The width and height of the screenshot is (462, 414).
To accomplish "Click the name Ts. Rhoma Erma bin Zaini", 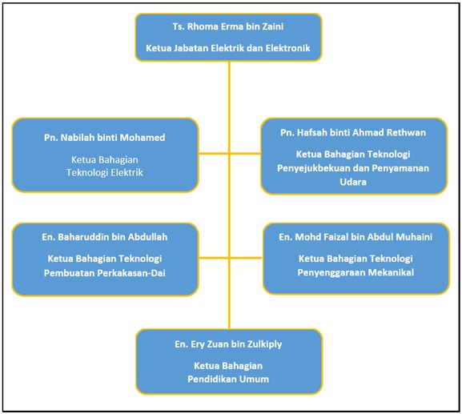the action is tap(228, 26).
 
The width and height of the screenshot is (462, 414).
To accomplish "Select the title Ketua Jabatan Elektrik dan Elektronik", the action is tap(228, 48).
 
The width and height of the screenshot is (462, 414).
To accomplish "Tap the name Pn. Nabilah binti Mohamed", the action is tap(105, 138).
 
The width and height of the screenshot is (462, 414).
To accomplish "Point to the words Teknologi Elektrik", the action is tap(105, 172).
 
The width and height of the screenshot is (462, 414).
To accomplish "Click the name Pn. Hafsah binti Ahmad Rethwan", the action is tap(353, 133).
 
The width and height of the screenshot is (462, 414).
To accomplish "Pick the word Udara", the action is tap(353, 182).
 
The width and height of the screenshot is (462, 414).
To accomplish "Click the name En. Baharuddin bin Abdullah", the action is tap(105, 237).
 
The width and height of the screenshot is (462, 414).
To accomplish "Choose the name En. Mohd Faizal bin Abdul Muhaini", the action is tap(356, 237).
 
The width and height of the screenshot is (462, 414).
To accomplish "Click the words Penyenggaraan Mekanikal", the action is tap(356, 272).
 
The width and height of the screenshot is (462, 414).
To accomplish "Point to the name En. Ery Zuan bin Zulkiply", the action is tap(228, 344).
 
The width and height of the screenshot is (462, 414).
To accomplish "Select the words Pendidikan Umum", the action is tap(228, 379).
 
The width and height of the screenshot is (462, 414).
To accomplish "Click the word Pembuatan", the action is tap(69, 273).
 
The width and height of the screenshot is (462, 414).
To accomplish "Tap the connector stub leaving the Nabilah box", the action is tap(214, 154).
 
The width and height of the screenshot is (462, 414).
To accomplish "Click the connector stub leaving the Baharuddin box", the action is tap(214, 258).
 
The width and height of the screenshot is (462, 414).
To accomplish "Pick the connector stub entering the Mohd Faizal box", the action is tap(247, 258).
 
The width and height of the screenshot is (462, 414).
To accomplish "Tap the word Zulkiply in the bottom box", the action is tap(264, 344).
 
